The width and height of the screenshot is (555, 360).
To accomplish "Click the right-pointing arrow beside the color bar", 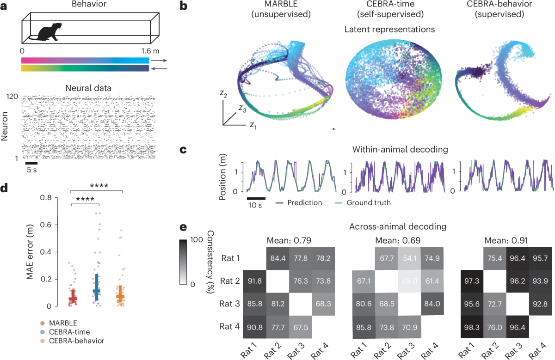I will pos(159,60).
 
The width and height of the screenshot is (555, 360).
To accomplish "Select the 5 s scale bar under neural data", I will pos(31,163).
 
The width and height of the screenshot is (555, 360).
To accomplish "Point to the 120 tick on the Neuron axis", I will pos(12,98).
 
